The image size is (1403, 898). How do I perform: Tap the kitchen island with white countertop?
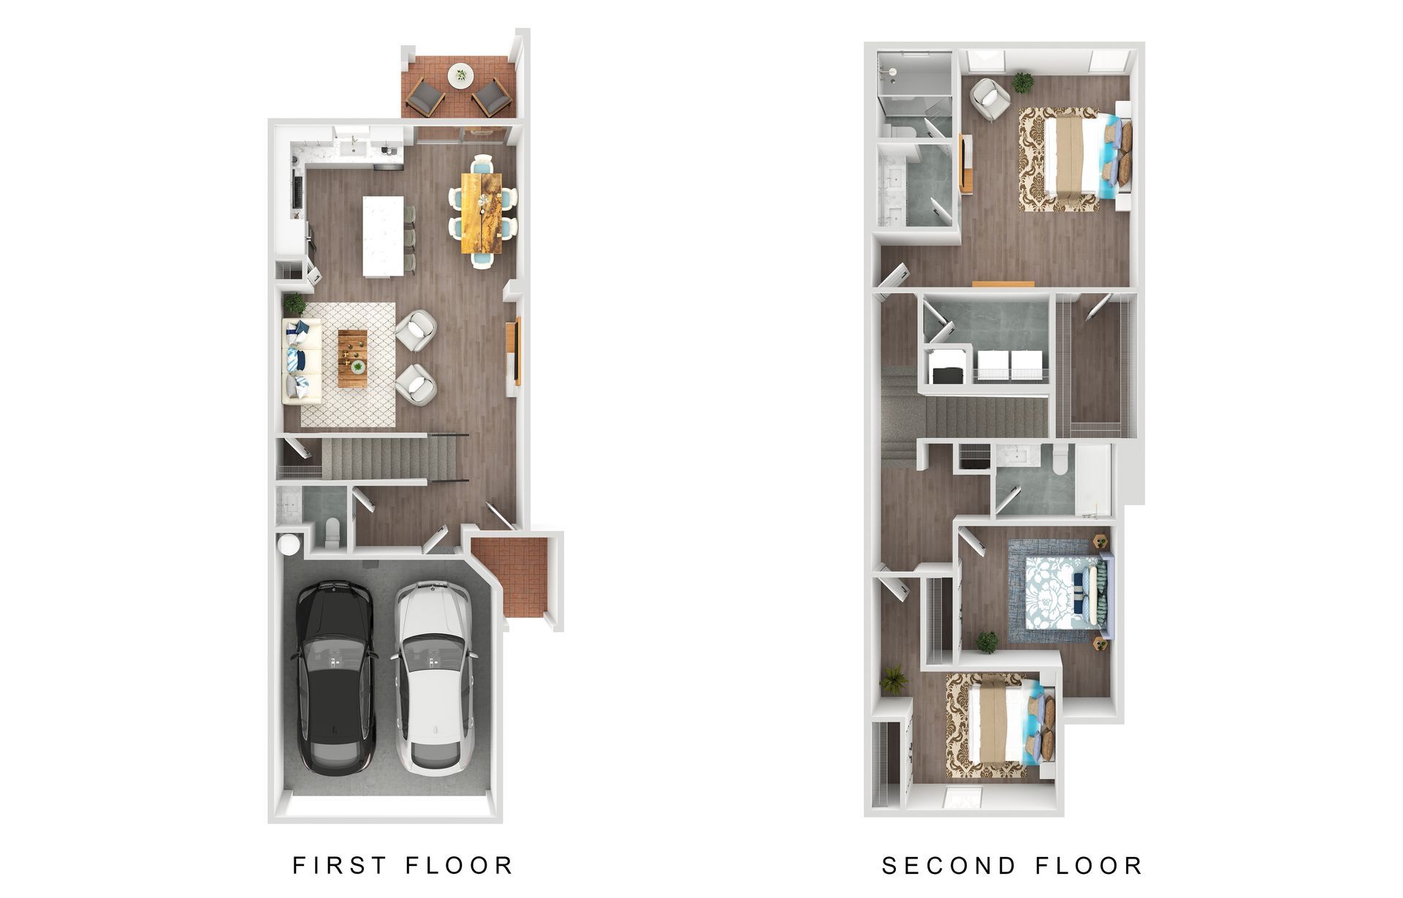click(x=383, y=235)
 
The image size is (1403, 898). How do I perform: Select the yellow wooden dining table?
click(x=482, y=213)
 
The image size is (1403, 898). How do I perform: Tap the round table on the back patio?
click(x=460, y=74)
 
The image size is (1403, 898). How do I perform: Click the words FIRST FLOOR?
click(x=403, y=865)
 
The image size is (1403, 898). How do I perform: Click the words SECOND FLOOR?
click(x=1012, y=865)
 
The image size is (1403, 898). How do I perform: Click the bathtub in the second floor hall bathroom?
click(x=1092, y=479)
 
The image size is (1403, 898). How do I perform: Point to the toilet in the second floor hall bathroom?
click(x=1060, y=461)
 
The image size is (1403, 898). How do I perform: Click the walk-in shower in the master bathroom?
click(x=913, y=91)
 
